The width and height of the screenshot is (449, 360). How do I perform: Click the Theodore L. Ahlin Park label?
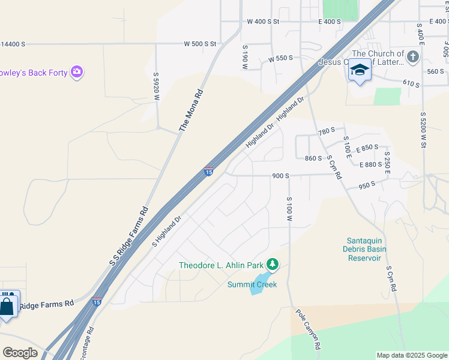click(x=221, y=265)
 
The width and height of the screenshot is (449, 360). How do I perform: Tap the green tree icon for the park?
click(x=273, y=264)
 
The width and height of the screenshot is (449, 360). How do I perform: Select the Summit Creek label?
click(x=252, y=284)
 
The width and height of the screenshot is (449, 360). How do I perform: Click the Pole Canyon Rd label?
click(x=309, y=329)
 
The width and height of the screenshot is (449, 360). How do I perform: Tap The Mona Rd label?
click(x=191, y=111)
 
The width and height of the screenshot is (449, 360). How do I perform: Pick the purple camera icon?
click(x=76, y=73)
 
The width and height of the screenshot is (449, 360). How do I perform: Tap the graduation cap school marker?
click(x=360, y=71)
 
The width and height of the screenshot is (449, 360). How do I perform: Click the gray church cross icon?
click(x=412, y=58)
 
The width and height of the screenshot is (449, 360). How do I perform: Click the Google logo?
click(x=20, y=352)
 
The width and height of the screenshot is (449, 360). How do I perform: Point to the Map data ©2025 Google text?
click(x=412, y=355)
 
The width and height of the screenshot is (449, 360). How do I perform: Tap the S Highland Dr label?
click(x=166, y=232)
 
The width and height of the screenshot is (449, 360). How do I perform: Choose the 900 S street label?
click(x=281, y=176)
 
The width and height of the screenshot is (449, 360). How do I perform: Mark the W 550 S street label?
click(x=281, y=58)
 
